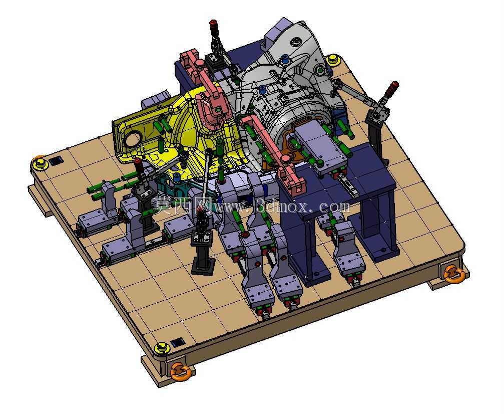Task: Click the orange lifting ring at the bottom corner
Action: coord(181,371)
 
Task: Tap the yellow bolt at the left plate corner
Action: coord(39,163)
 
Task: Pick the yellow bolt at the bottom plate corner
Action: coord(161,349)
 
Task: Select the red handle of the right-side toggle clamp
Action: coord(391,88)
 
